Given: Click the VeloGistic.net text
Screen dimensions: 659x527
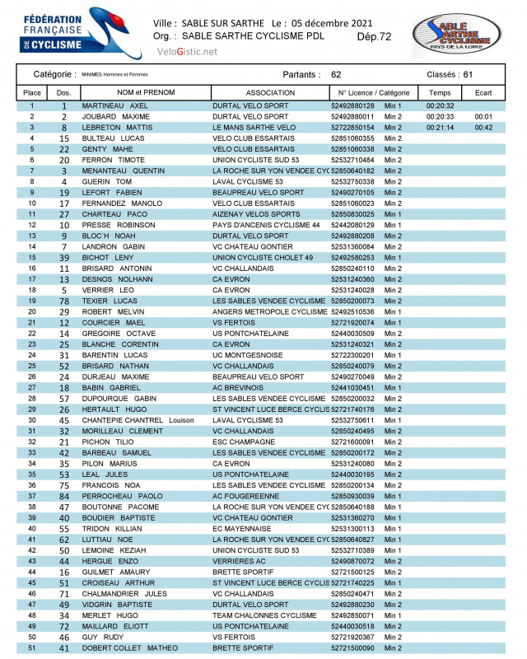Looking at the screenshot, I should coord(187,52).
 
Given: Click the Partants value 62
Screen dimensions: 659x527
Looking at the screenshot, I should coord(336,74).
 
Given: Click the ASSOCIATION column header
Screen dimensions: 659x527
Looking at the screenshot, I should coord(270,93).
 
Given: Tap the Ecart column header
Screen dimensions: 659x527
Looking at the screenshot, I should coord(483,93).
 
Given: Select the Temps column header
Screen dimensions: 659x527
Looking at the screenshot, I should coord(440,93).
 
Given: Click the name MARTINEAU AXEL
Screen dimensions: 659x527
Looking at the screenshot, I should coord(114,106).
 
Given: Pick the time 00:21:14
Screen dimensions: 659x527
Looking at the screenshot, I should coord(440,128).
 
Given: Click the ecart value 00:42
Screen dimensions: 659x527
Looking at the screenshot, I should coord(483,128).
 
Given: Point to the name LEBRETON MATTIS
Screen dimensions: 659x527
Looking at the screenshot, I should coord(117,128).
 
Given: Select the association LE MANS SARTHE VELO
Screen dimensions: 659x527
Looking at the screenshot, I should coord(254,128).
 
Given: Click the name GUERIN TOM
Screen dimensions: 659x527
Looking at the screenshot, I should coord(106,181).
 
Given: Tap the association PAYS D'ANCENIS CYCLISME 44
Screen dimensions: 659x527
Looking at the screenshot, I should coord(266,224).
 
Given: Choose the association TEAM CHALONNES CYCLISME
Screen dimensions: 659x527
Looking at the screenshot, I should coord(264,615).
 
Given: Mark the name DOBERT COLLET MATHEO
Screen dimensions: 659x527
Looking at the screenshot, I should coord(129,648).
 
